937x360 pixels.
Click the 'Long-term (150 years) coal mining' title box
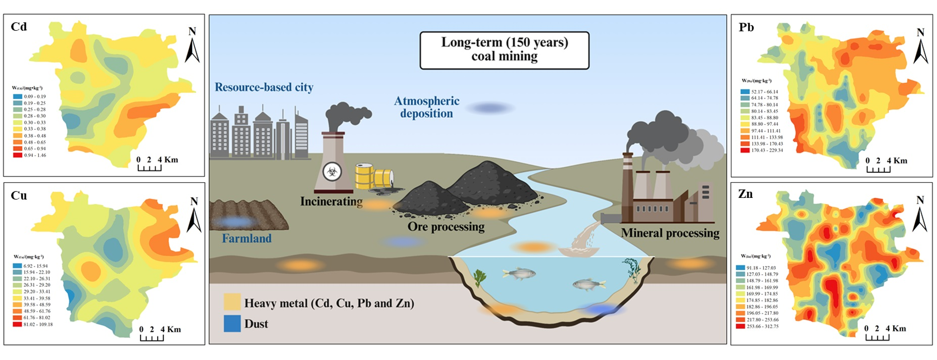coord(504,50)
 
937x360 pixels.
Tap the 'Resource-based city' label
coord(264,87)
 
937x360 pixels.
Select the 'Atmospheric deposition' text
coord(427,107)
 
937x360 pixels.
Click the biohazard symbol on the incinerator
coord(332,172)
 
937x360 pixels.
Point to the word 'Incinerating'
coord(331,201)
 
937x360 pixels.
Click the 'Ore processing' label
coord(446,227)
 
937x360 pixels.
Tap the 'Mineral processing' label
coord(670,233)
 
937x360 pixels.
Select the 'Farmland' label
coord(246,238)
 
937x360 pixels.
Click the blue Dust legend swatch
coord(232,324)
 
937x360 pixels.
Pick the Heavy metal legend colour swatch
coord(232,302)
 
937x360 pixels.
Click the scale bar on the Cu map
coord(152,336)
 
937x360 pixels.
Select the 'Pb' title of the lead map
coord(746,27)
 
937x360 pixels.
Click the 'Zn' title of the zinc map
coord(745,194)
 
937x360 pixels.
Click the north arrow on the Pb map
coord(920,46)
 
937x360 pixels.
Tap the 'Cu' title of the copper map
coord(19,196)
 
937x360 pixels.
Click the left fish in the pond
coord(519,274)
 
